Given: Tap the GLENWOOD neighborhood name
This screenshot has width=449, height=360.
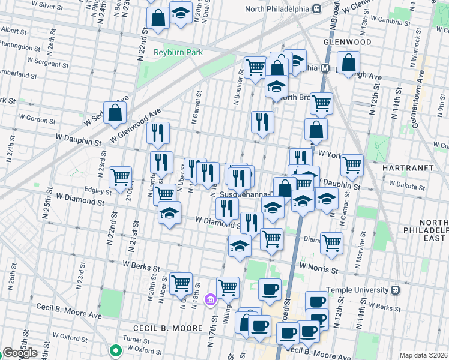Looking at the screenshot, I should [348, 42].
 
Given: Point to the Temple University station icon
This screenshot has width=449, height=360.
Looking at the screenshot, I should [395, 290].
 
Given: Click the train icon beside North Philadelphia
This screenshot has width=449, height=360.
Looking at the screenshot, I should [315, 10].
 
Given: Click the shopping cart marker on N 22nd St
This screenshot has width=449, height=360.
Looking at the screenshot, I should [121, 176].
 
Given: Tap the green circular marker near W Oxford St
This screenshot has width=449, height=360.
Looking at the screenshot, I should [115, 350].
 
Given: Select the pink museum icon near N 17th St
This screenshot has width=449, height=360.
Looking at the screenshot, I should [210, 299].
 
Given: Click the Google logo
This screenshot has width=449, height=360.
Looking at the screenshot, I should [19, 353].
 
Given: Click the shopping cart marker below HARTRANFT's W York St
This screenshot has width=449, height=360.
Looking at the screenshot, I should [352, 165].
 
